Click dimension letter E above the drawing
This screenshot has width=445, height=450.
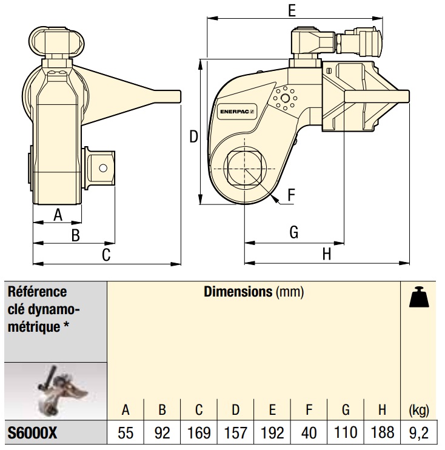pos(292,10)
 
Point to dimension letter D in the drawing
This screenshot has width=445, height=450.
pos(193,136)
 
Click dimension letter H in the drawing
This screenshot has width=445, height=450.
pos(327,254)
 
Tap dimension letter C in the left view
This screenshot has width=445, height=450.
pos(106,255)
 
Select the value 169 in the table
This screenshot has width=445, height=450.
pos(199,434)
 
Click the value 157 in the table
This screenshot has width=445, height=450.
pos(235,434)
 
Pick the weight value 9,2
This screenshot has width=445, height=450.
pos(419,434)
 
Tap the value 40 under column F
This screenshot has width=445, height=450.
pos(309,434)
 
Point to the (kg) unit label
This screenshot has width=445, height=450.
pos(419,410)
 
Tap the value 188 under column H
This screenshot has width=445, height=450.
pos(382,434)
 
